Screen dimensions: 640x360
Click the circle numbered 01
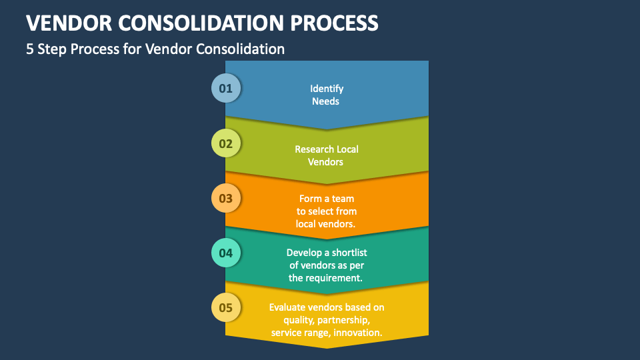click(226, 88)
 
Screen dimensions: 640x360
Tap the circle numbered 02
click(226, 143)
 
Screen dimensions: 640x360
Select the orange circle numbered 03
click(226, 198)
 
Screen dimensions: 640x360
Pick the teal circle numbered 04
click(226, 253)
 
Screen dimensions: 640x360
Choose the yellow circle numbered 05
click(226, 307)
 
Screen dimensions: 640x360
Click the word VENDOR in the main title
click(69, 23)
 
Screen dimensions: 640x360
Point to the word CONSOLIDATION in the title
click(201, 23)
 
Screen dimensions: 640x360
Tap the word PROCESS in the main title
click(334, 23)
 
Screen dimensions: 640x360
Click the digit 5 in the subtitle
click(30, 49)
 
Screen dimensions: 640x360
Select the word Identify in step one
click(327, 89)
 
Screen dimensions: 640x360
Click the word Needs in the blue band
click(325, 101)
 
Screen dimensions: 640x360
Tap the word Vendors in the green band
click(325, 162)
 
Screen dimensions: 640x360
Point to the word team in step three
click(343, 199)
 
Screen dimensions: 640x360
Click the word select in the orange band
click(321, 211)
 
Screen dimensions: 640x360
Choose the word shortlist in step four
click(349, 253)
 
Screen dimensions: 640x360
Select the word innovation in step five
click(357, 333)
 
